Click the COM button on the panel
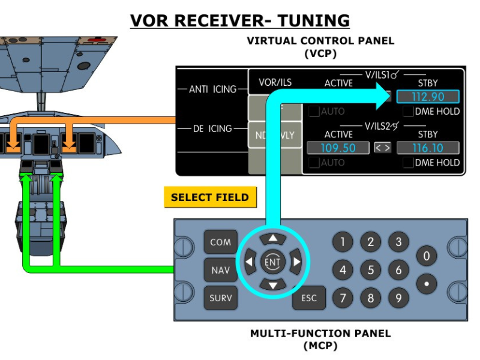(220, 242)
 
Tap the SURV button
(220, 298)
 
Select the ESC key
(308, 298)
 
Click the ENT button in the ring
(272, 262)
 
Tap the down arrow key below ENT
(273, 285)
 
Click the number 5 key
(370, 270)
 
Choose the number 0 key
(426, 257)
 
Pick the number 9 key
(398, 298)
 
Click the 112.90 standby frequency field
(427, 97)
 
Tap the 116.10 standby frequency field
(427, 148)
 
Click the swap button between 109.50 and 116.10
(382, 148)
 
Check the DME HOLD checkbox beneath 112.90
(408, 112)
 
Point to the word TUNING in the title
(312, 20)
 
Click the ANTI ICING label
(212, 89)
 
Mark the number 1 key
(343, 242)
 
